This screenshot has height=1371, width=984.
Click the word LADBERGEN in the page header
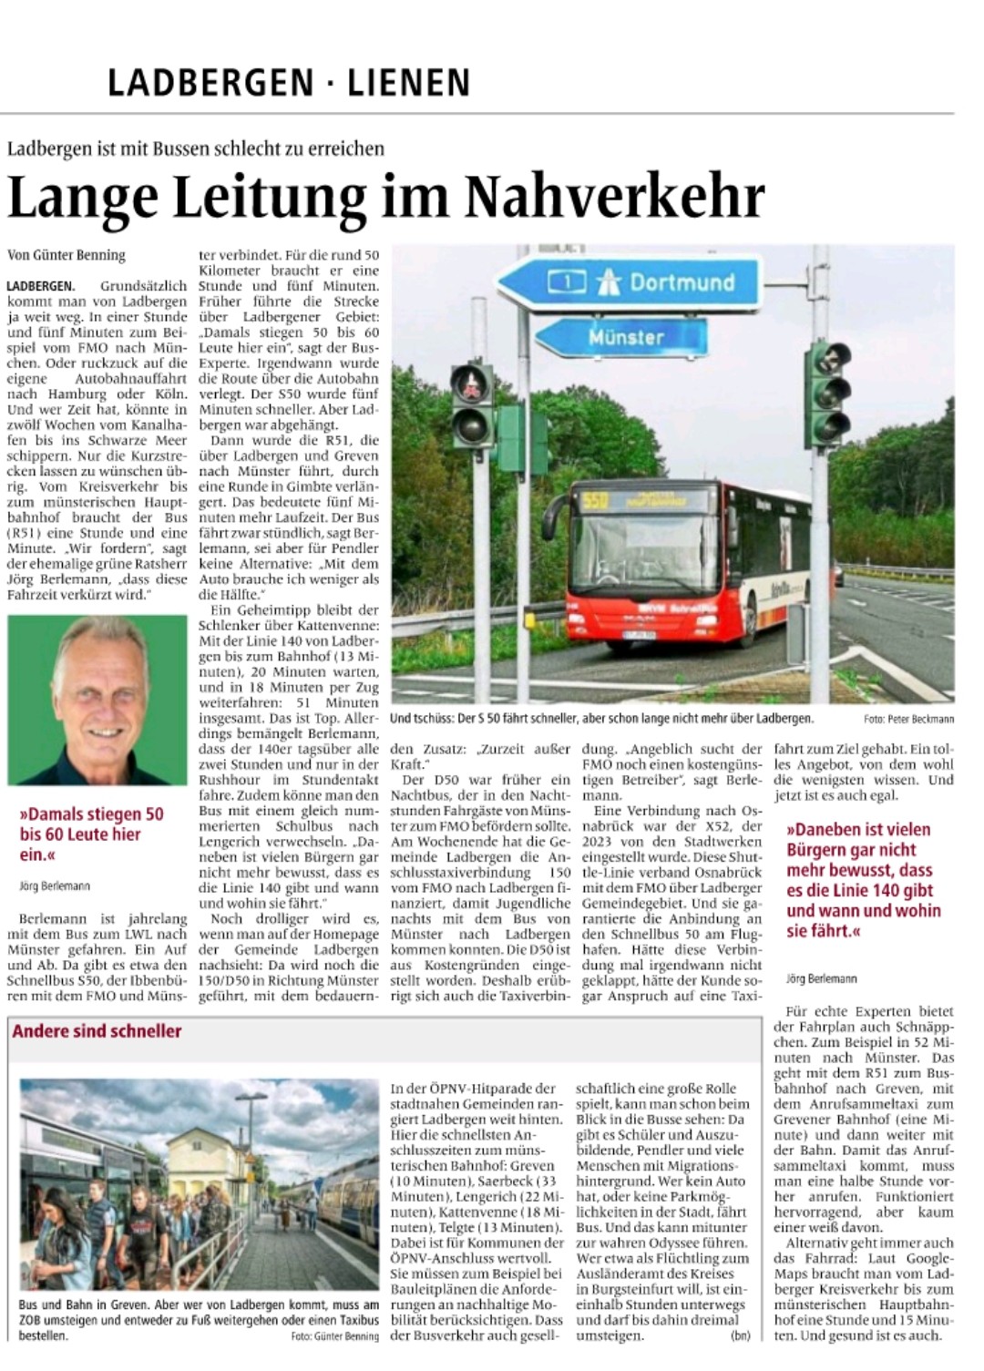pos(210,83)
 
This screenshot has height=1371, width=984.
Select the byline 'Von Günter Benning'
pos(67,255)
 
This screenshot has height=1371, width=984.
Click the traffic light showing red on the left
pos(471,402)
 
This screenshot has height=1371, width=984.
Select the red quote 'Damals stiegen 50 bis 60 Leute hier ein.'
pos(91,834)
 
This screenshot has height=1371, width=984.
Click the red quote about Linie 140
pos(864,880)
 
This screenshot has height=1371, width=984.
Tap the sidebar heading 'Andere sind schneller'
pos(97,1031)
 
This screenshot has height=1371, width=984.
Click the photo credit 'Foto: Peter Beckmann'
pos(908,720)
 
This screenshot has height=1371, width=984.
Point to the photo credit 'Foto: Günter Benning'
pos(334,1336)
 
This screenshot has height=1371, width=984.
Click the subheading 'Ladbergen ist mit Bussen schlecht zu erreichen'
pos(196,148)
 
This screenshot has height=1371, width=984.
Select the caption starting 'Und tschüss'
pos(601,719)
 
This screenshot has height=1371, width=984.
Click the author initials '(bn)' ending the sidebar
pos(740,1335)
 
